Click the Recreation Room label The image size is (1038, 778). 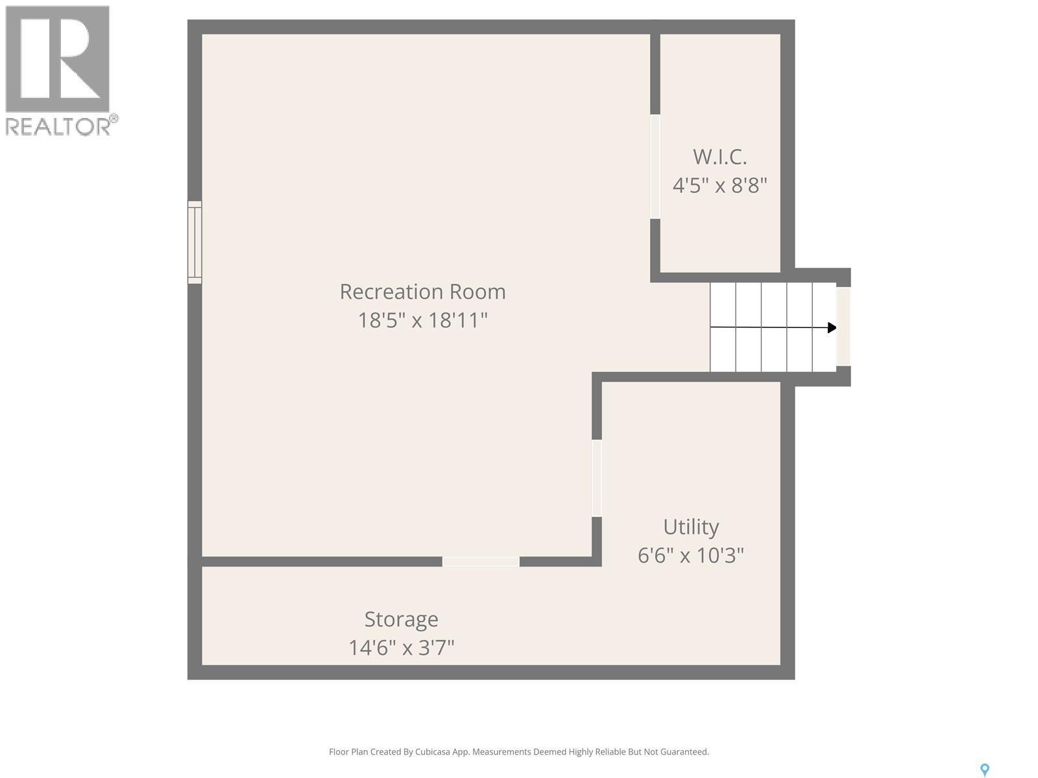pos(422,292)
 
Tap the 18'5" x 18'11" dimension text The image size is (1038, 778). pos(422,320)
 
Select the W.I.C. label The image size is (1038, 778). pos(719,157)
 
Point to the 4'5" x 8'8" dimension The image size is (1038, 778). pos(719,185)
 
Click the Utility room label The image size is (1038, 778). pos(690,527)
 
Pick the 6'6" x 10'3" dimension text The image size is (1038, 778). pos(690,556)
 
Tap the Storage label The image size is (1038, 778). pos(401,619)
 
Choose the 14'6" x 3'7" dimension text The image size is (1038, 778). pos(401,648)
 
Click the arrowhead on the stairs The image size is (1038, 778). pos(832,328)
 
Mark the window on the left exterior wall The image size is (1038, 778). pos(195,242)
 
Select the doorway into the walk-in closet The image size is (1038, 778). pos(655,167)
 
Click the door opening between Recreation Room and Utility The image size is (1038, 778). pos(597,478)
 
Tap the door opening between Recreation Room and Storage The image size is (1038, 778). pos(481,561)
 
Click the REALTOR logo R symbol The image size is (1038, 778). pos(58,59)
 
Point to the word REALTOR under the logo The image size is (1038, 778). pos(58,126)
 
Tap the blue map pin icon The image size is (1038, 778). pos(985,770)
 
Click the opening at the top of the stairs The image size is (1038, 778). pos(843,327)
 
